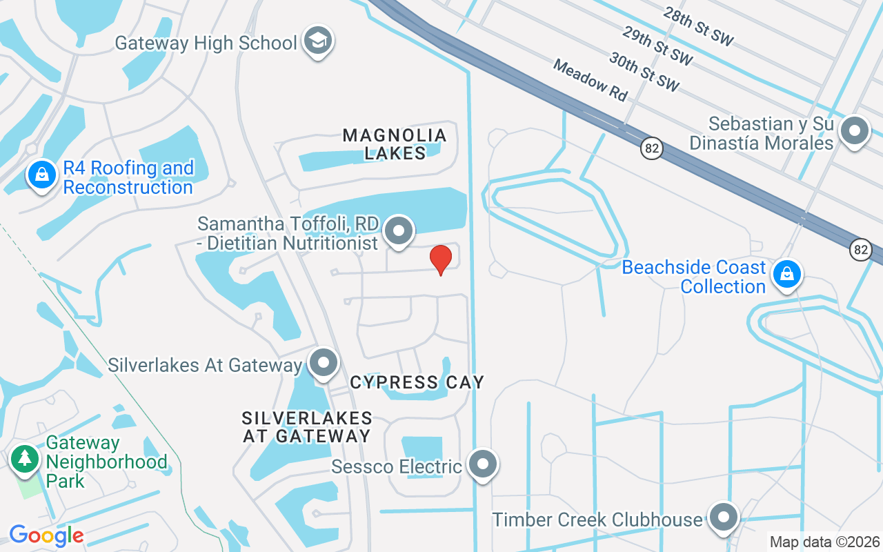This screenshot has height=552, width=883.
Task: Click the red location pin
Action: point(440,259)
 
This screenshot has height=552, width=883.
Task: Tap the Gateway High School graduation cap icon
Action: point(318,41)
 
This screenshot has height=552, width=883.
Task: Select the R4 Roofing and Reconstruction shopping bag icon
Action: point(42,176)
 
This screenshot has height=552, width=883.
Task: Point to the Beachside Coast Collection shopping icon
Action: point(786,275)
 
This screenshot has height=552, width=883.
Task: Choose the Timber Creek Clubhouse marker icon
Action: point(724,517)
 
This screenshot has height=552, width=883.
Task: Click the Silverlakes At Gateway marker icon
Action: point(323,363)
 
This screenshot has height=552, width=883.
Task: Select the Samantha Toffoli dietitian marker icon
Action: point(398,231)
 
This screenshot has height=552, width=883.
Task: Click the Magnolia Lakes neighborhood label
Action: point(395,144)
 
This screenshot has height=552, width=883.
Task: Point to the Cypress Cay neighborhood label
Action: point(417,382)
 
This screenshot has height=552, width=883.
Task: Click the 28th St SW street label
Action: point(697,27)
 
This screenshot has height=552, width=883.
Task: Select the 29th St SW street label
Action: point(657,46)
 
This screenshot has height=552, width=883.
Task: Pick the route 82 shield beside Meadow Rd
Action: point(651,148)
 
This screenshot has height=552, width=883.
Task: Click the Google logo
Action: point(46,535)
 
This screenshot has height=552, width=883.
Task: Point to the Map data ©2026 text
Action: point(825,542)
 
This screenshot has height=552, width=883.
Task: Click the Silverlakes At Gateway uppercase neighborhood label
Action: point(307,427)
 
